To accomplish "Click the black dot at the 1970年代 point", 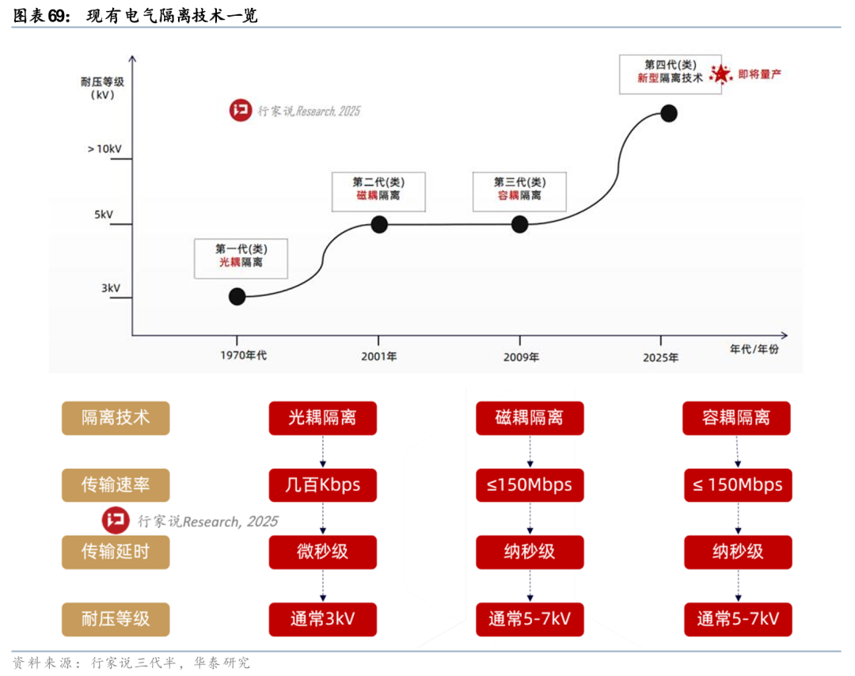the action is [x=237, y=297].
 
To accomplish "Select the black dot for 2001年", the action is [x=379, y=224].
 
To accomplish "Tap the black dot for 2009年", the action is [x=519, y=224].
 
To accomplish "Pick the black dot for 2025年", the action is [x=669, y=113].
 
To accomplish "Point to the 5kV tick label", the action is [x=104, y=215].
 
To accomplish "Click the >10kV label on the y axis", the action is [x=104, y=149].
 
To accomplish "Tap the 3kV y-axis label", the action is [x=111, y=288].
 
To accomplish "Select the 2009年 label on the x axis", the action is [x=521, y=357].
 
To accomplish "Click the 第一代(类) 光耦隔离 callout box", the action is [x=241, y=259].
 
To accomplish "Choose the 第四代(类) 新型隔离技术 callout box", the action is [x=671, y=74].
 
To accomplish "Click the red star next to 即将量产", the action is [x=721, y=74].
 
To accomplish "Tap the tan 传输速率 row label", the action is [x=116, y=484].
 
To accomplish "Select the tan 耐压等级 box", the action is [x=116, y=619].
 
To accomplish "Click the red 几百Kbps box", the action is [x=323, y=484].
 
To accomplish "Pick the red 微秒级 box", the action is [x=323, y=552].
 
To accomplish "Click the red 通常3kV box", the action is [x=323, y=619].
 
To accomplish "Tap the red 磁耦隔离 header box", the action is [x=530, y=418].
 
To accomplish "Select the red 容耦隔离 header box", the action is [x=737, y=418].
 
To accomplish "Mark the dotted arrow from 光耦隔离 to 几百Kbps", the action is [x=323, y=451].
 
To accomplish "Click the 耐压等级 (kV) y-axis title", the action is [x=102, y=89].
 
